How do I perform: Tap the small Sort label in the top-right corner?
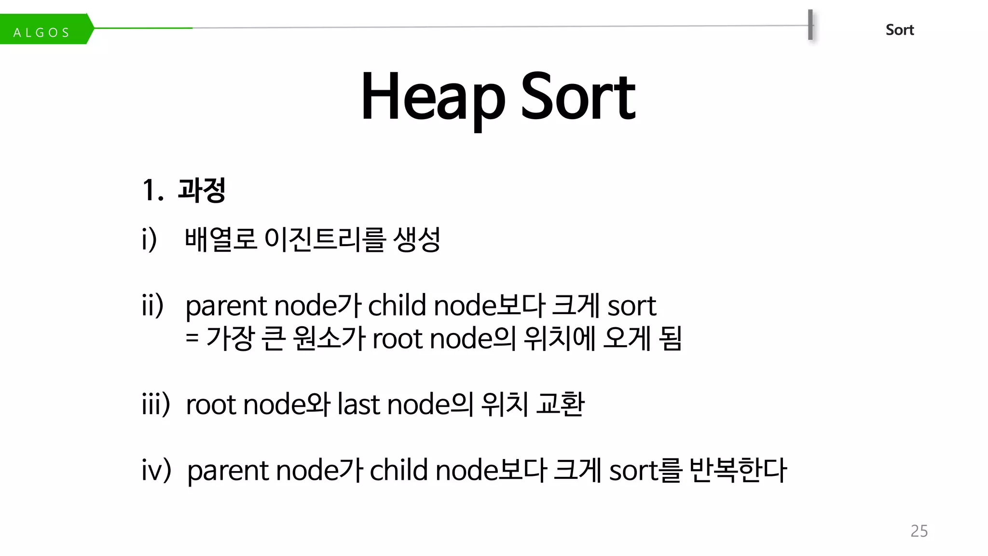(899, 30)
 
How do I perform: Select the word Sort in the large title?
(578, 97)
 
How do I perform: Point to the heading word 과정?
(202, 190)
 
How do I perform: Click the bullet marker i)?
(149, 239)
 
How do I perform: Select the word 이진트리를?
(326, 239)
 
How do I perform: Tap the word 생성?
(417, 239)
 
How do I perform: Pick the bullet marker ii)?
(152, 306)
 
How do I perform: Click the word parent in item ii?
(226, 306)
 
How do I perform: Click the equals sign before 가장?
(192, 338)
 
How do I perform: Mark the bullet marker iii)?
(155, 404)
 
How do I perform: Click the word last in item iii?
(358, 404)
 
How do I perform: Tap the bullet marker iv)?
(156, 470)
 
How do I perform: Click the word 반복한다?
(738, 470)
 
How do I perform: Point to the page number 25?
(919, 531)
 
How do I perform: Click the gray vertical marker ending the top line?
(810, 25)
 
